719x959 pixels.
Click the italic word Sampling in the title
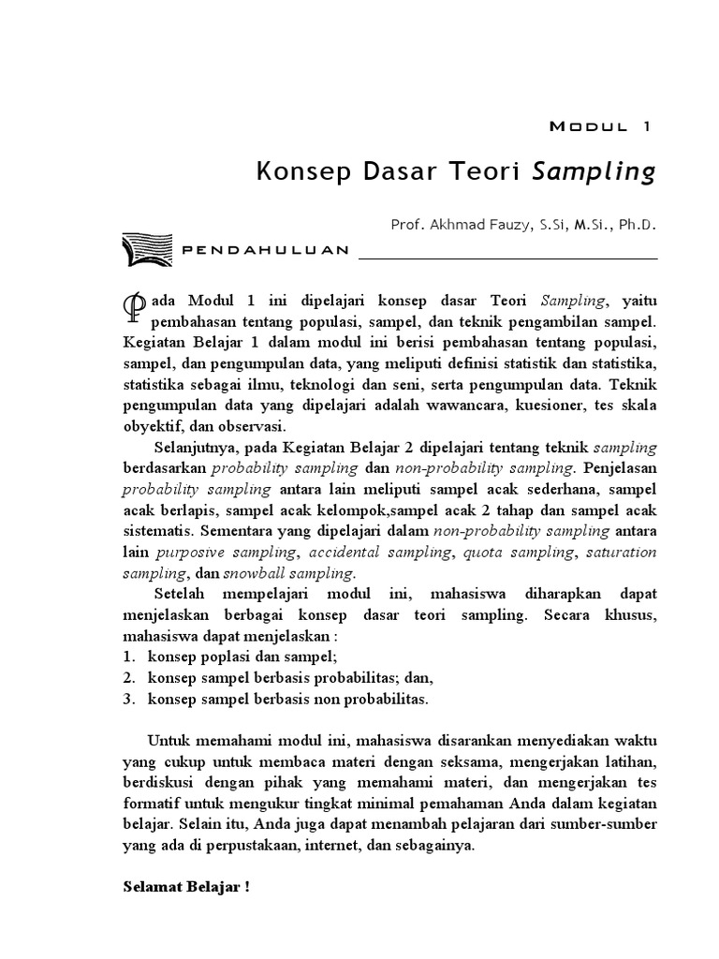(x=594, y=172)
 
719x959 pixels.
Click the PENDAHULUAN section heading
(x=264, y=250)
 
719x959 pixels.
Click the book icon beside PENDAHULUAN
(x=144, y=250)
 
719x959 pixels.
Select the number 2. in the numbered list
(x=130, y=677)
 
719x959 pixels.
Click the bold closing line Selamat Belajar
(x=186, y=886)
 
